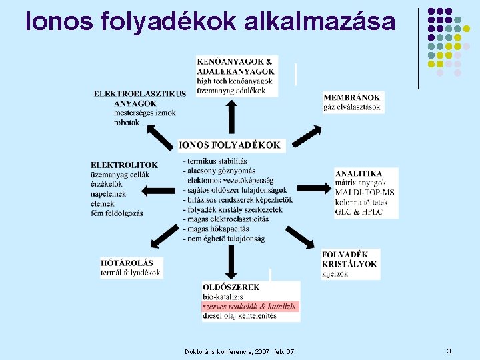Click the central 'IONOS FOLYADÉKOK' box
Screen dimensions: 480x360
(231, 145)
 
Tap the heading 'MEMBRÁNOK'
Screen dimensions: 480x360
(352, 97)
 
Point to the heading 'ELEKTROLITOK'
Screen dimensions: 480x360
(124, 165)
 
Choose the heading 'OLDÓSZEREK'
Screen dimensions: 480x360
(231, 287)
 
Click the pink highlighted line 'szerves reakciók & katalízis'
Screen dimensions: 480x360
(249, 307)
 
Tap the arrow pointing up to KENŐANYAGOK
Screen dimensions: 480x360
(231, 117)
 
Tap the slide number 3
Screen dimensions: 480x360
(449, 351)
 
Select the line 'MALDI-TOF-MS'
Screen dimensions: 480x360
(365, 192)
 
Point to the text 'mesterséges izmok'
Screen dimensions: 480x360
(145, 113)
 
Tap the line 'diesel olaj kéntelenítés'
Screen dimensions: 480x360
(239, 316)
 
